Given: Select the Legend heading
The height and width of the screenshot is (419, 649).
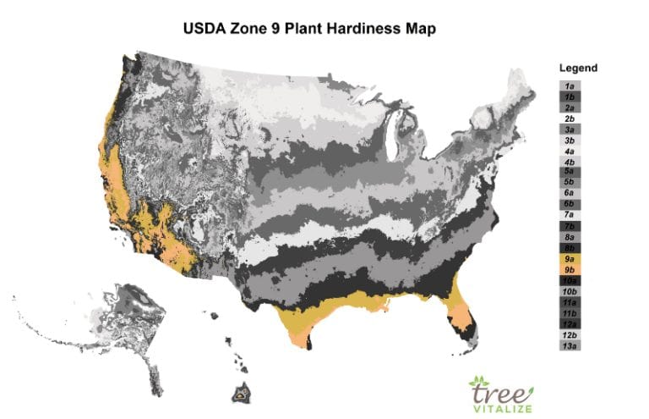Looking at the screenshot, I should click(x=578, y=68).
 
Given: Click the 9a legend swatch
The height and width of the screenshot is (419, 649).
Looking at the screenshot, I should click(x=571, y=258).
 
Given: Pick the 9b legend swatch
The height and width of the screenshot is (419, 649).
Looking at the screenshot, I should click(x=571, y=269).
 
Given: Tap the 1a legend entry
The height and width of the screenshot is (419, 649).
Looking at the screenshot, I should click(x=571, y=86).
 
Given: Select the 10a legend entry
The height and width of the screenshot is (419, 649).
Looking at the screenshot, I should click(x=571, y=280).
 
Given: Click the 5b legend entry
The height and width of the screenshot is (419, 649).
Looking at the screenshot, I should click(x=571, y=182).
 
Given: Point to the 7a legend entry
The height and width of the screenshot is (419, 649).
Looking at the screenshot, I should click(x=571, y=215).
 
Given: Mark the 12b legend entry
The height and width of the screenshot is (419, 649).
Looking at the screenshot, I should click(x=571, y=335).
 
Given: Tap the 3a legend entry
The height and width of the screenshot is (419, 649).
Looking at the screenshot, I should click(x=571, y=129).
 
